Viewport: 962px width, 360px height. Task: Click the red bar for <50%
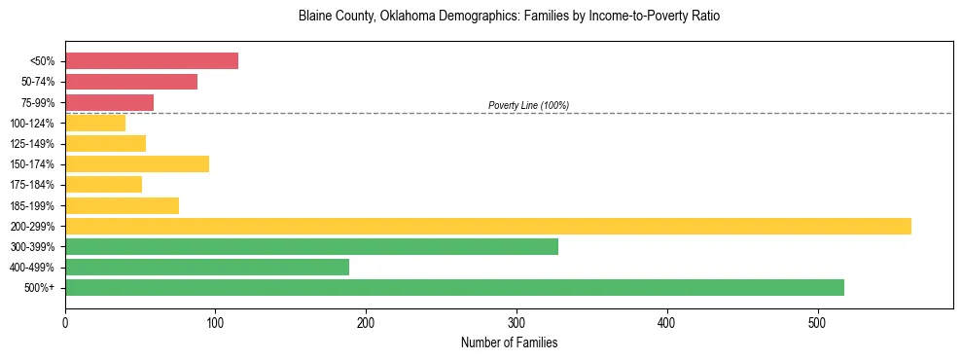(x=152, y=61)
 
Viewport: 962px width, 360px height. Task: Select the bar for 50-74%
(x=131, y=82)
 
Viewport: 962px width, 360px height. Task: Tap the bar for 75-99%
(x=109, y=102)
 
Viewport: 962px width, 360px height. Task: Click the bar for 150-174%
(x=137, y=163)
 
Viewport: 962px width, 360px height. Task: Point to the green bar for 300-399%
(x=311, y=246)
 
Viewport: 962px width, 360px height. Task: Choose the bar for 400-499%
(x=207, y=267)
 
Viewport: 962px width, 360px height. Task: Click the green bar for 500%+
(x=454, y=287)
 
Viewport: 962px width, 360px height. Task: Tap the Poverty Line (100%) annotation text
(x=528, y=105)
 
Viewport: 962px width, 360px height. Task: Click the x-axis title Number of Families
(x=509, y=342)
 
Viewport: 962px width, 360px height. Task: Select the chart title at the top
(x=509, y=17)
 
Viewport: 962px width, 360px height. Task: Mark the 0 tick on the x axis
(x=65, y=321)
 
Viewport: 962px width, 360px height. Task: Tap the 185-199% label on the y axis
(x=32, y=205)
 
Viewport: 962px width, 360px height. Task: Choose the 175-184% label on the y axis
(x=32, y=185)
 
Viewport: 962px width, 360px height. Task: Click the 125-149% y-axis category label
(x=32, y=144)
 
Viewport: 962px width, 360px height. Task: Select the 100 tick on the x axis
(x=216, y=321)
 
